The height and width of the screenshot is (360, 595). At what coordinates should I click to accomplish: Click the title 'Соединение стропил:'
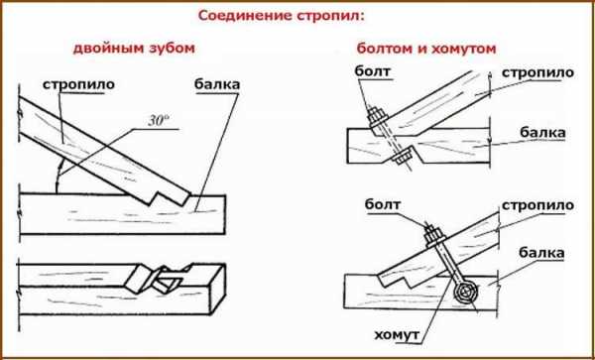tap(281, 17)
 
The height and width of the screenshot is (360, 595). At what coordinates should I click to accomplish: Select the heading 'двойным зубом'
tap(134, 49)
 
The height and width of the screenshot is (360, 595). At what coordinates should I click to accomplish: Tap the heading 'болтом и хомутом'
tap(426, 49)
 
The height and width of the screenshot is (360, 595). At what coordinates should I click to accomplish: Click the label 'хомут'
tap(398, 335)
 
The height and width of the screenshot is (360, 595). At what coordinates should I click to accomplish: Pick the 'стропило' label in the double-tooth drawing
tap(78, 85)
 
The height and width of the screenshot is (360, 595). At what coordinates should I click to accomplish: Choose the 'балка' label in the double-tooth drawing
tap(217, 84)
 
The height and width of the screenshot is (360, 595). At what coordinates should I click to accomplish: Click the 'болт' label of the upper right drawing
tap(373, 71)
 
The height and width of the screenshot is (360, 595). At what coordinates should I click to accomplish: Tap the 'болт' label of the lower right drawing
tap(383, 205)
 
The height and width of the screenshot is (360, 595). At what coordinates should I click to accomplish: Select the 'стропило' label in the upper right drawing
tap(537, 72)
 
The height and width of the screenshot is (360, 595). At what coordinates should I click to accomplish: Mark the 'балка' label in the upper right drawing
tap(542, 133)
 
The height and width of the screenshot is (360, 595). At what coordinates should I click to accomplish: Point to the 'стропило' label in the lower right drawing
tap(537, 205)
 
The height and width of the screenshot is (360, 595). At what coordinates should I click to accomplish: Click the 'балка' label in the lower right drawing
tap(541, 253)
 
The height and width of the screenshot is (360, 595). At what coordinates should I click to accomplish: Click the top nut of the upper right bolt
tap(376, 116)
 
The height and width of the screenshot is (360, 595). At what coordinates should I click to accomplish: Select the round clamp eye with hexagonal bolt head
tap(466, 293)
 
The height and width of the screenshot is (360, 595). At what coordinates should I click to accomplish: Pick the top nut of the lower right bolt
tap(433, 236)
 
